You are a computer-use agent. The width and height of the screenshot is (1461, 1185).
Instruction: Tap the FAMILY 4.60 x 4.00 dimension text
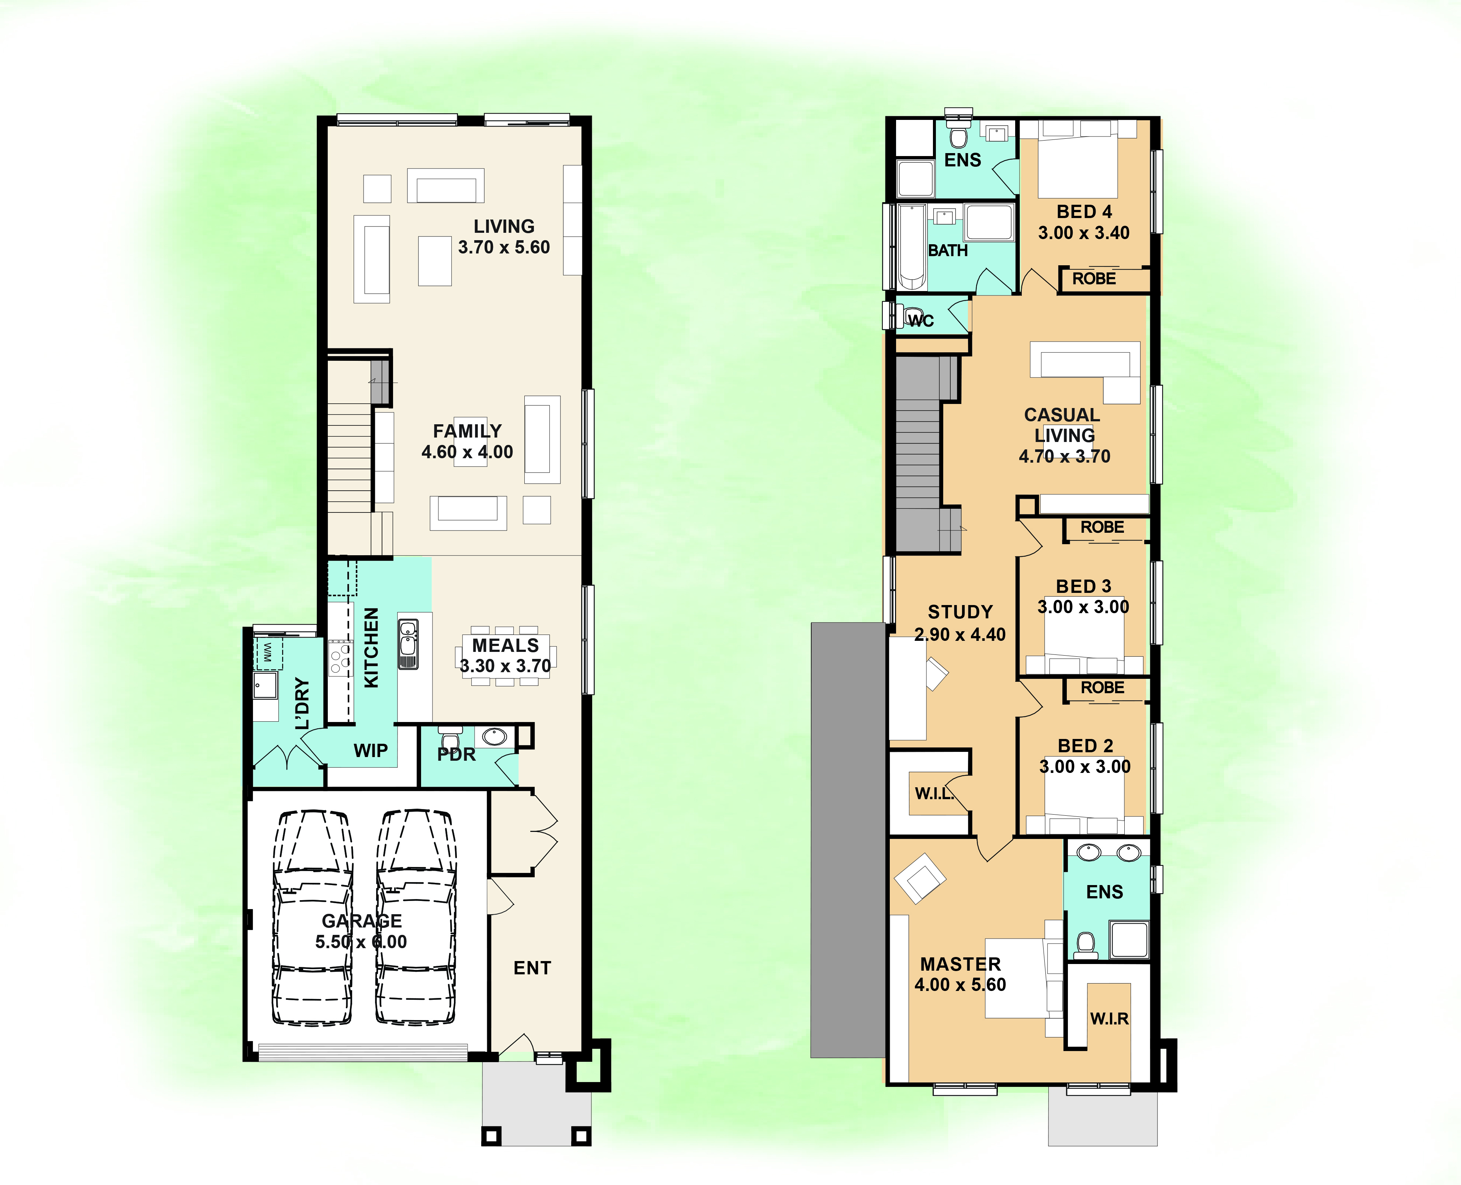click(x=468, y=452)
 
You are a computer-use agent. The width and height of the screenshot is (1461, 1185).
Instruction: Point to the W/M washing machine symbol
click(x=267, y=653)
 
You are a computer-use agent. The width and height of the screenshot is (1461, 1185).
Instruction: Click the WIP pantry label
click(x=371, y=751)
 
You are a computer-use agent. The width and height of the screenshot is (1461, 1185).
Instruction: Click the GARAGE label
click(x=362, y=921)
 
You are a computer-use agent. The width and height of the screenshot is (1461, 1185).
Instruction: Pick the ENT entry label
click(x=532, y=968)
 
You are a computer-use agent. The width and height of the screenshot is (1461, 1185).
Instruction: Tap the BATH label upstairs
click(x=948, y=251)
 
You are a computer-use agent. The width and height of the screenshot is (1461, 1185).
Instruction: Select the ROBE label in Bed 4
click(x=1094, y=279)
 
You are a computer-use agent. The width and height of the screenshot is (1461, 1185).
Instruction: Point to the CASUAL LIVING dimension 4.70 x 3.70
click(x=1065, y=457)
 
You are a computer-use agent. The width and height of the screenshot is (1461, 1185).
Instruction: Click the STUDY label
click(x=960, y=612)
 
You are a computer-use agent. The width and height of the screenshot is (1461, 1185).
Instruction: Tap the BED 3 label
click(x=1084, y=586)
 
